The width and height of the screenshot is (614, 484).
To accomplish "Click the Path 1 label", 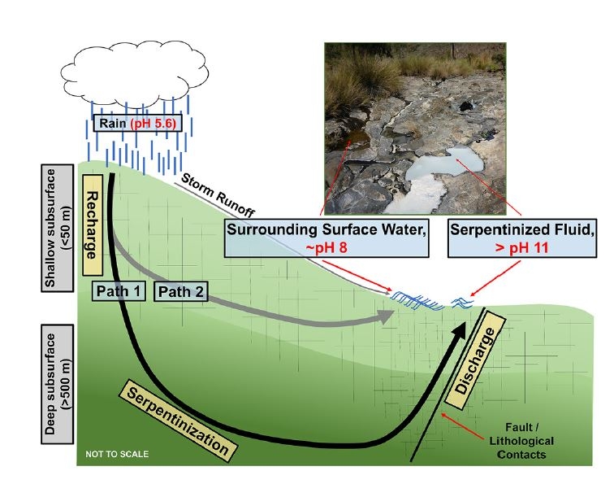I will [x=119, y=290].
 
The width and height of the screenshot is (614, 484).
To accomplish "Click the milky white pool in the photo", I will [x=445, y=167].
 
